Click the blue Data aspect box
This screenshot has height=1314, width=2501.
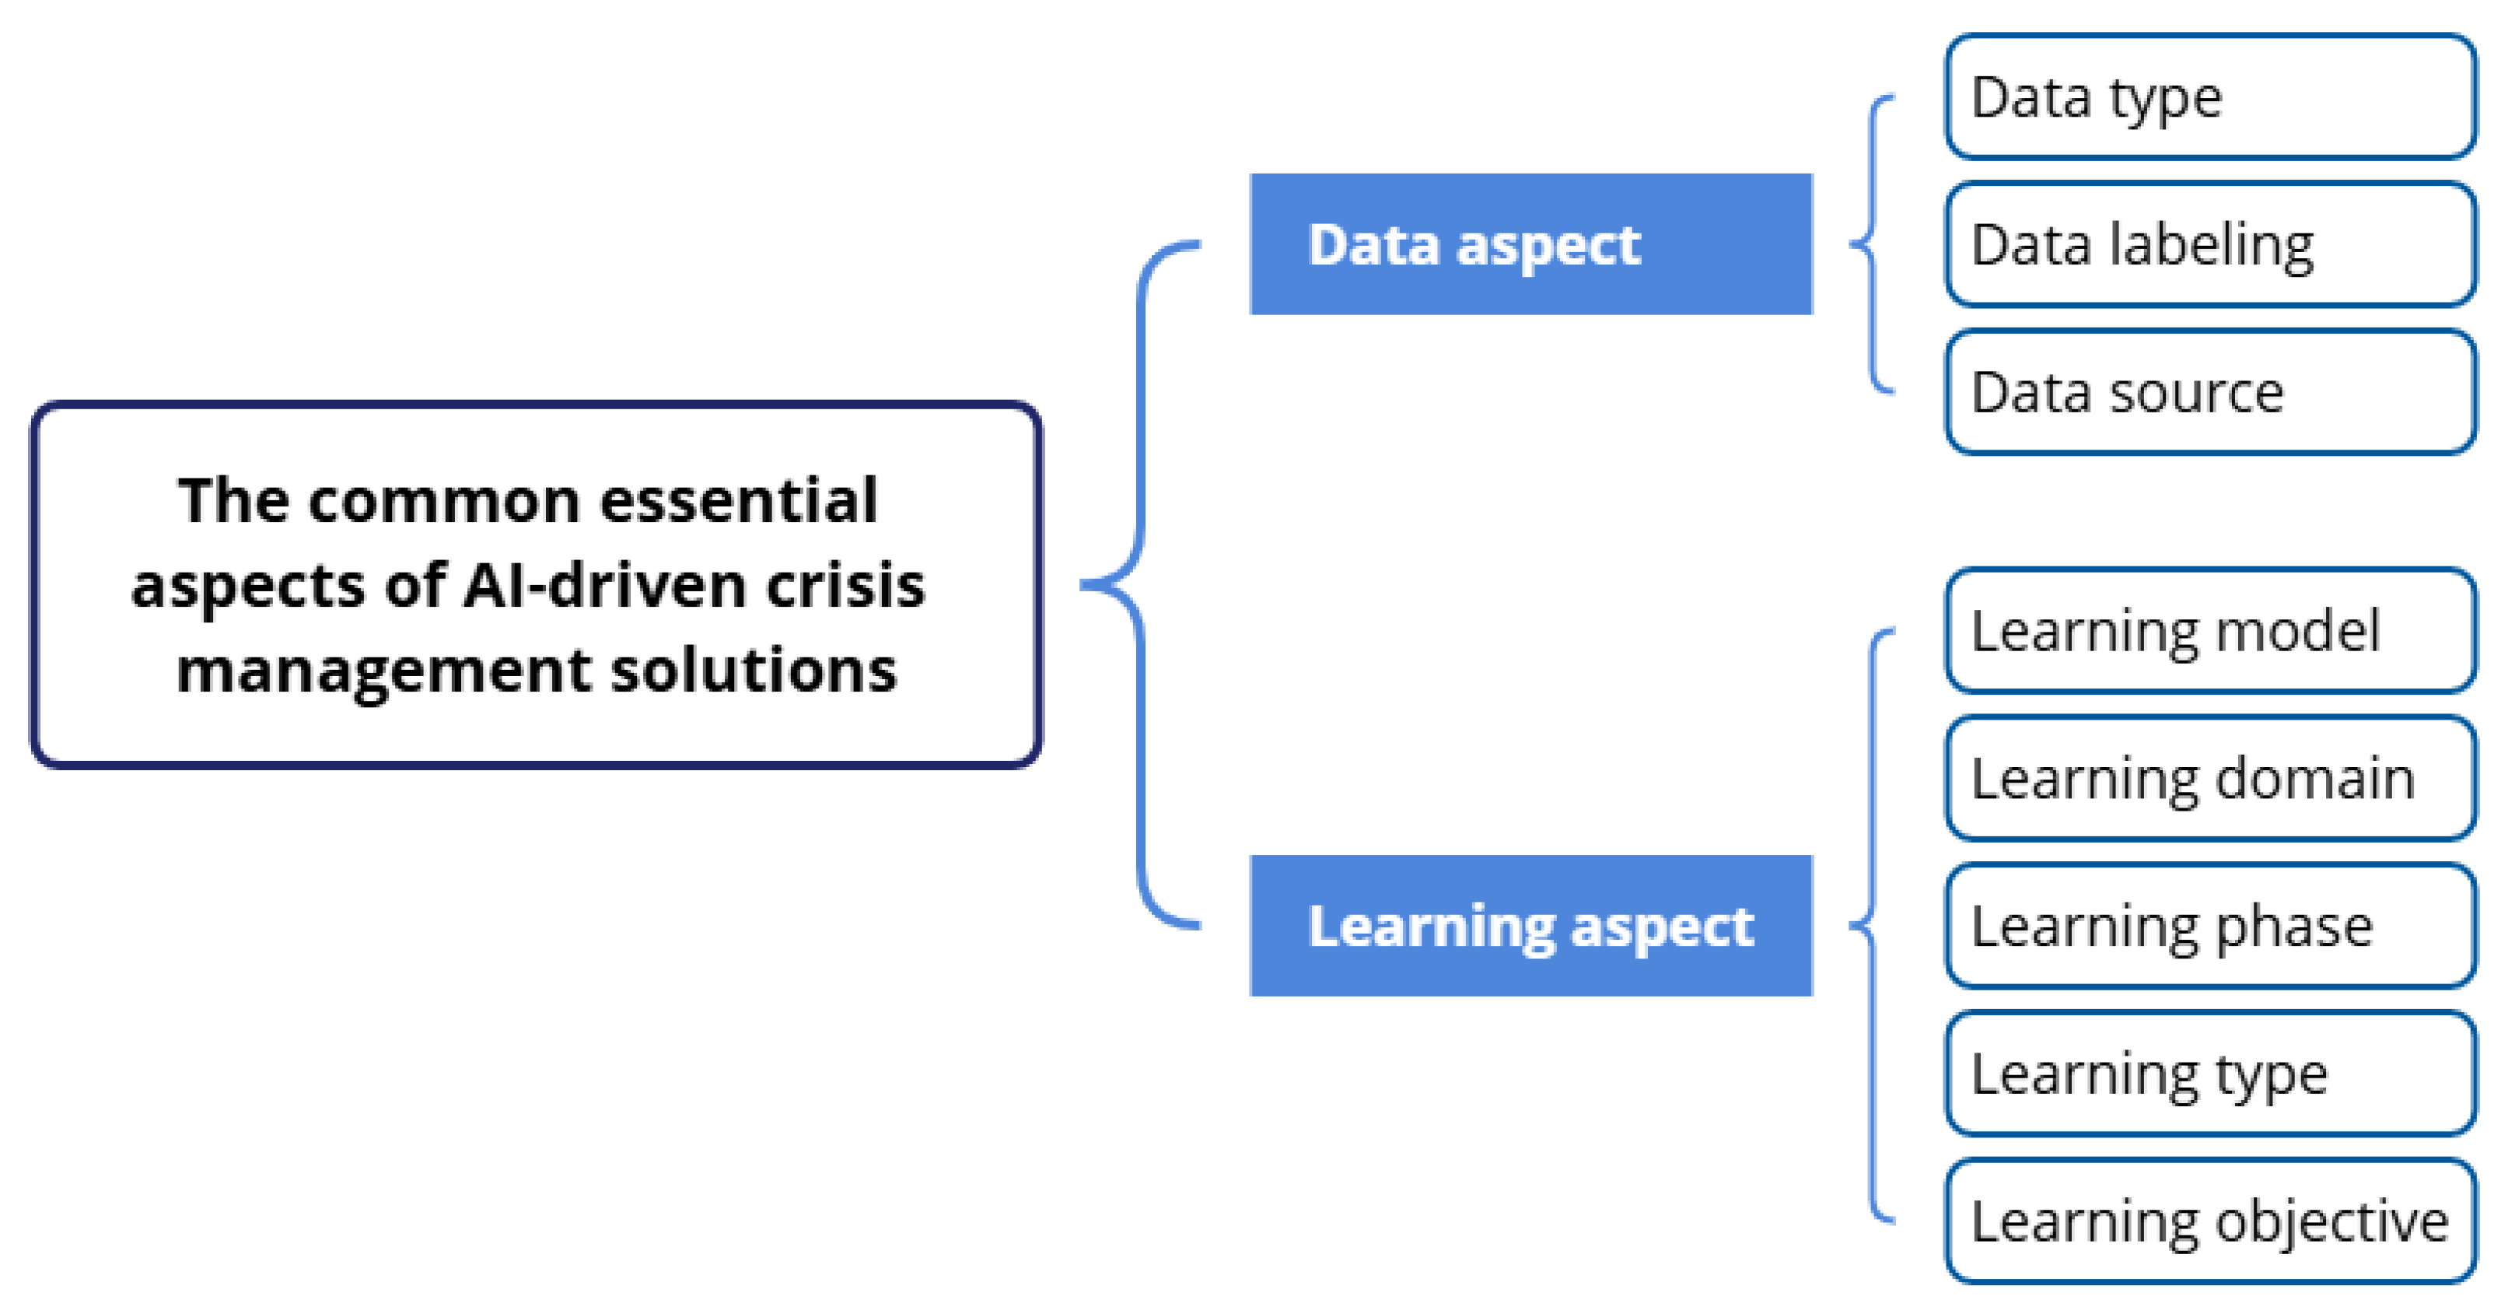point(1530,244)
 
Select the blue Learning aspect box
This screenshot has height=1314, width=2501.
point(1530,926)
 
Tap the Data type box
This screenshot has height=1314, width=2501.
point(2209,97)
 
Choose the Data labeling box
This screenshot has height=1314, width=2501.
point(2209,245)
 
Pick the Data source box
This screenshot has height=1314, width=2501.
point(2209,392)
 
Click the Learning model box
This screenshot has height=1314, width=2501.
point(2209,631)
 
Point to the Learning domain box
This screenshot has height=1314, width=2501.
point(2209,779)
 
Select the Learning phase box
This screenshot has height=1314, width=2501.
point(2209,927)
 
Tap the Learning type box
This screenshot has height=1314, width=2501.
point(2209,1074)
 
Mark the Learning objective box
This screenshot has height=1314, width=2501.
point(2209,1221)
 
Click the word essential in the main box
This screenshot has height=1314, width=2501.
point(739,501)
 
